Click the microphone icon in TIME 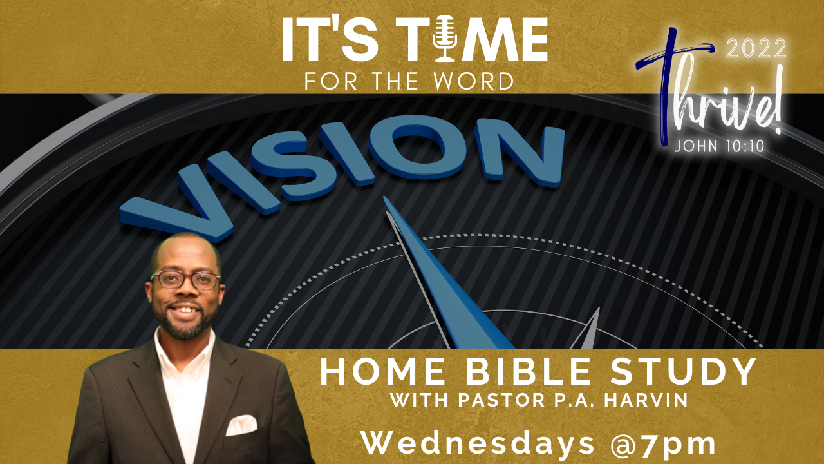pos(445,38)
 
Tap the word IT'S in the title pos(330,39)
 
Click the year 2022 pos(756,48)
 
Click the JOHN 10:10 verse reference pos(720,146)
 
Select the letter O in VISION pos(418,148)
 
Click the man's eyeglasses pos(186,280)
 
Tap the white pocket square pos(241,425)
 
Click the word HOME pos(382,372)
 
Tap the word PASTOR pos(501,400)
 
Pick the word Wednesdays pos(478,443)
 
